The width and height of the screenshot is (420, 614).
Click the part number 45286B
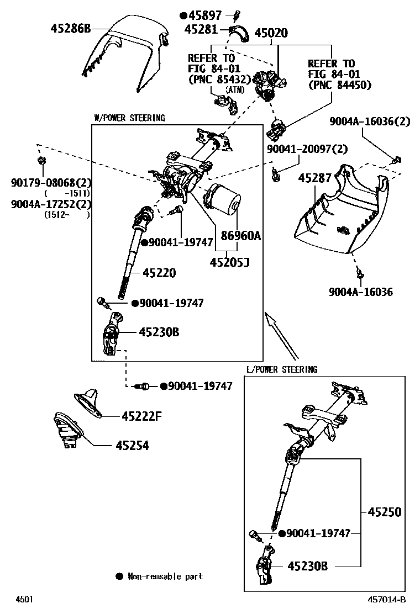[70, 28]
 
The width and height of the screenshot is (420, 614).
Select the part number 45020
[271, 33]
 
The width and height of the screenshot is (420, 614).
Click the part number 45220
[159, 272]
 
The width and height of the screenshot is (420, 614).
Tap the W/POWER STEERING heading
[129, 118]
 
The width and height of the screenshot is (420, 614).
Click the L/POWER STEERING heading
[282, 369]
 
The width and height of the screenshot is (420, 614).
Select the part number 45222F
[141, 416]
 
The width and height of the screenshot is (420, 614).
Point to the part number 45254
[132, 445]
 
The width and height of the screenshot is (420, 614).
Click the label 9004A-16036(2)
[370, 121]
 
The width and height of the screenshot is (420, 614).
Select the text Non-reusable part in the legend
[165, 576]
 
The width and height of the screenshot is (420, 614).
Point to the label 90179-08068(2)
[51, 183]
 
